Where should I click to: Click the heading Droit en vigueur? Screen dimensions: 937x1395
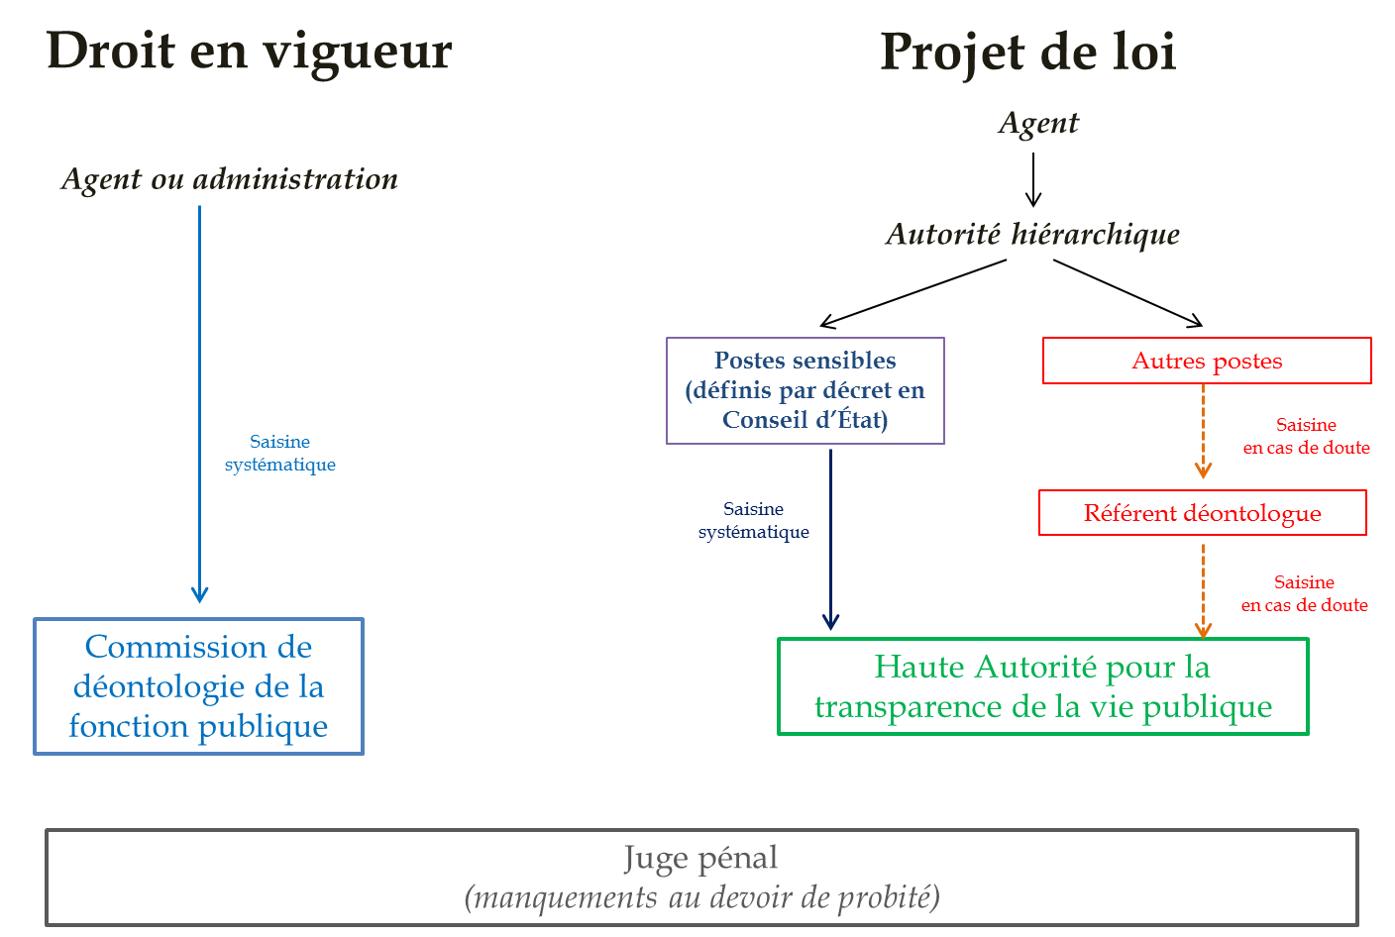[249, 52]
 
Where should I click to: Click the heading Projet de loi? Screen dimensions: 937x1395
[1027, 52]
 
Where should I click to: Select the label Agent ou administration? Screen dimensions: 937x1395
[230, 179]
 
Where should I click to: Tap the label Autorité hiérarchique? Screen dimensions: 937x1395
[1032, 235]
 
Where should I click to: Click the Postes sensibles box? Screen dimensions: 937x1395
[805, 390]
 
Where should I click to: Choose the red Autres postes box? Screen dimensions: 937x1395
[1207, 361]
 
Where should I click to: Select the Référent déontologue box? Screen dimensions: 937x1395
[1202, 513]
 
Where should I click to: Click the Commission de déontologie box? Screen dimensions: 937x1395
[198, 686]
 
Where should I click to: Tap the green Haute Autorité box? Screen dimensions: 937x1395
[1042, 686]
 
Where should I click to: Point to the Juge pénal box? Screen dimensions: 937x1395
[700, 877]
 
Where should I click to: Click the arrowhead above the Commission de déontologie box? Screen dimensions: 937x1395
[199, 593]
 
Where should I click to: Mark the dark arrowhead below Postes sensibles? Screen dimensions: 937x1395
[830, 621]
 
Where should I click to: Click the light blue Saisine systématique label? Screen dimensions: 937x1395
[280, 453]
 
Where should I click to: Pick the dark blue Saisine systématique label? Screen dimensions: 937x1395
[753, 520]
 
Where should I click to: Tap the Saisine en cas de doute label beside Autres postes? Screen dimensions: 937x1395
[1306, 436]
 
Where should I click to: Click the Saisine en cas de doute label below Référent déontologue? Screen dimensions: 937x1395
[1304, 593]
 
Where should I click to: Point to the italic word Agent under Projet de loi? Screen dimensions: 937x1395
[1038, 124]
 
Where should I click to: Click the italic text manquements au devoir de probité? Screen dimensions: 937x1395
[701, 897]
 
